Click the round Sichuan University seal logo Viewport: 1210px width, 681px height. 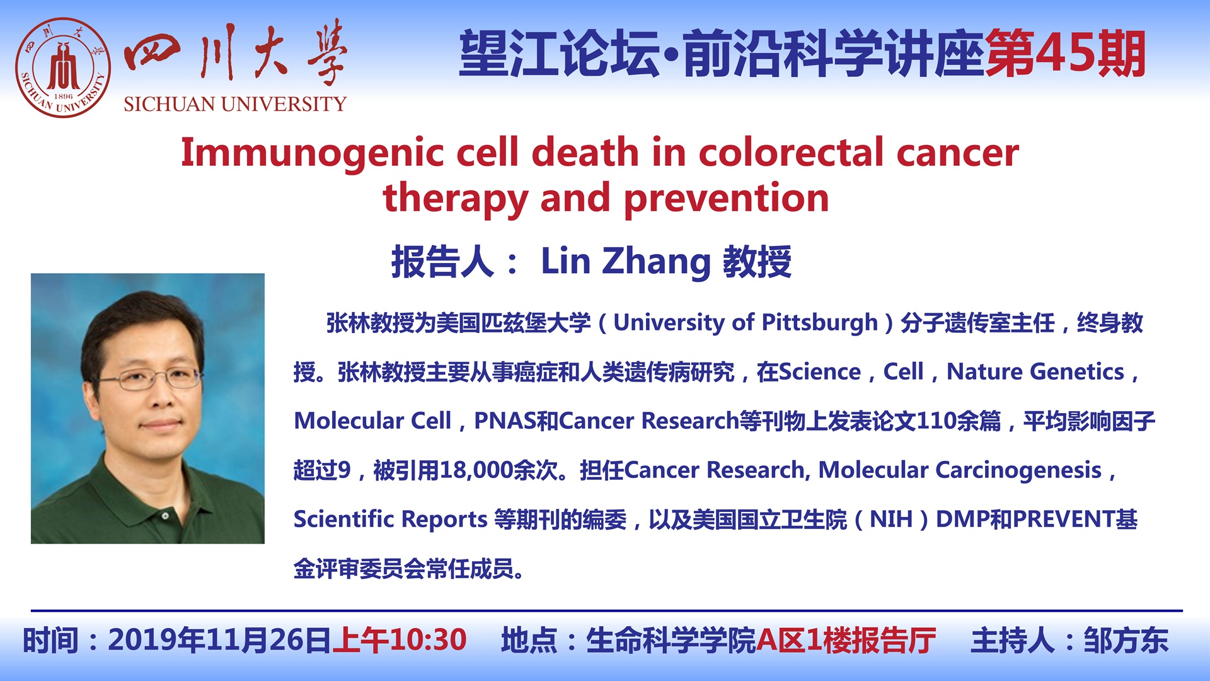pyautogui.click(x=63, y=67)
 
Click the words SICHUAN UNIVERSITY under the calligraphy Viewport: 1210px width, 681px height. pyautogui.click(x=235, y=104)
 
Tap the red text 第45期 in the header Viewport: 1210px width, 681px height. pyautogui.click(x=1065, y=54)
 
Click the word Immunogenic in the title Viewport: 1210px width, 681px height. pyautogui.click(x=313, y=153)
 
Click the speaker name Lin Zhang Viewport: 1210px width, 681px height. pyautogui.click(x=626, y=262)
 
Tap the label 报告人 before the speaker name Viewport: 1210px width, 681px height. pyautogui.click(x=442, y=262)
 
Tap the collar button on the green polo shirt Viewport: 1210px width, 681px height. pyautogui.click(x=165, y=516)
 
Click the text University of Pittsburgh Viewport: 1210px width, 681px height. pyautogui.click(x=746, y=323)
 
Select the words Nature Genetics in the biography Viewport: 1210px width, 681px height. pyautogui.click(x=1035, y=372)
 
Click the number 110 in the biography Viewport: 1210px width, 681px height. pyautogui.click(x=936, y=421)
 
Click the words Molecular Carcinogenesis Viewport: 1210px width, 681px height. pyautogui.click(x=960, y=470)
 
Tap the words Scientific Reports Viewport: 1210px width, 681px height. pyautogui.click(x=391, y=519)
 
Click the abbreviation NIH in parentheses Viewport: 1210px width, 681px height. pyautogui.click(x=891, y=519)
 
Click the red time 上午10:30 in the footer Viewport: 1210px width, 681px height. pyautogui.click(x=400, y=640)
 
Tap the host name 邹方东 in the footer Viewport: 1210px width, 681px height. pyautogui.click(x=1126, y=641)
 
